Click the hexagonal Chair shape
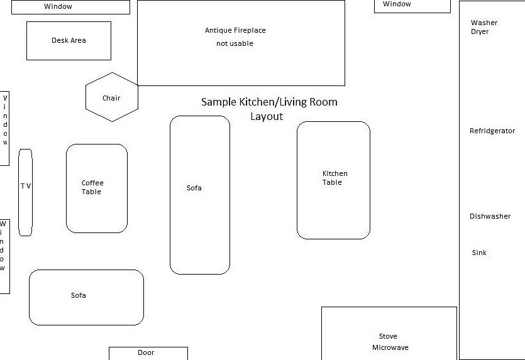(x=111, y=97)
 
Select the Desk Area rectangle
(x=69, y=41)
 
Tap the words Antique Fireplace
(x=235, y=30)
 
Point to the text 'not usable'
(x=235, y=44)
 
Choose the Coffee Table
(x=96, y=188)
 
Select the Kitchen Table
(x=333, y=180)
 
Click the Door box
(x=148, y=353)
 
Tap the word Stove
(x=388, y=336)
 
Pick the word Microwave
(x=390, y=347)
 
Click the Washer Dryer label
(x=484, y=27)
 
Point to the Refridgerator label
(x=492, y=131)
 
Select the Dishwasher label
(x=490, y=216)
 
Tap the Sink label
(x=479, y=253)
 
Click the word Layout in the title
(x=267, y=116)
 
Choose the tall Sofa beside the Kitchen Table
(x=199, y=195)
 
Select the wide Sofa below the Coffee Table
(x=86, y=297)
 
